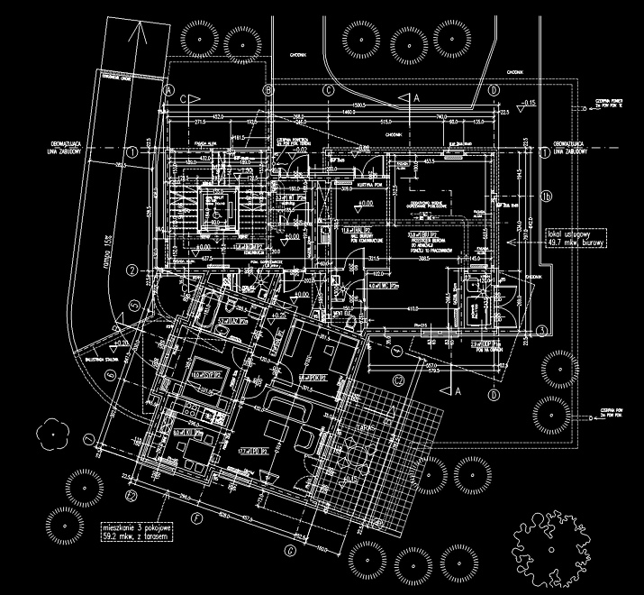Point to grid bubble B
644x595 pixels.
268,91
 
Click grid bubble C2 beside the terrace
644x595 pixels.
396,379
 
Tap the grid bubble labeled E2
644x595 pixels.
131,495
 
